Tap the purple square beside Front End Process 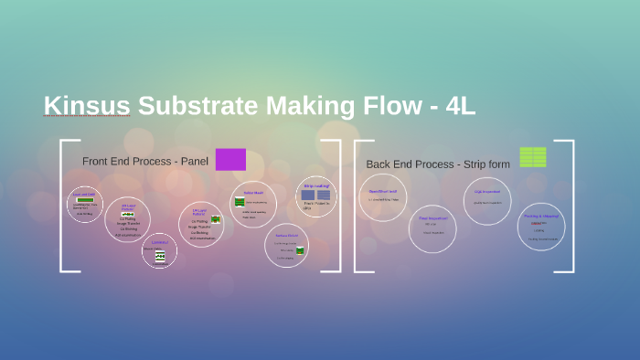230,159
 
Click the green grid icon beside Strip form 532,157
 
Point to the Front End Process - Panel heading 145,162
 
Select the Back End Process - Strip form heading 437,164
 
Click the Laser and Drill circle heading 84,194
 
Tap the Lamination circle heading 160,242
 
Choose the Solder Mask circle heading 253,193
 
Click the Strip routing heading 316,185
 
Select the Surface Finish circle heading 286,236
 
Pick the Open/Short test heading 382,191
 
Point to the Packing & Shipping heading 540,216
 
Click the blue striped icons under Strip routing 315,195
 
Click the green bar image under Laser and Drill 84,200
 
